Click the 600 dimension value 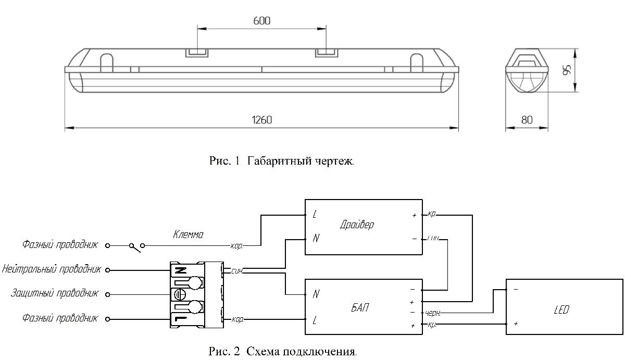coord(261,21)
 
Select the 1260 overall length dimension coord(261,120)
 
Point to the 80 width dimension coord(527,120)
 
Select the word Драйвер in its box coord(357,225)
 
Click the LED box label coord(562,310)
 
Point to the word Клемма coord(188,235)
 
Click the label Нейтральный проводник coord(51,270)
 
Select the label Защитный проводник coord(54,294)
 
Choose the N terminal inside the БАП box coord(316,294)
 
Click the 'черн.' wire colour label coord(433,313)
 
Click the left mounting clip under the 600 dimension coord(197,53)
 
